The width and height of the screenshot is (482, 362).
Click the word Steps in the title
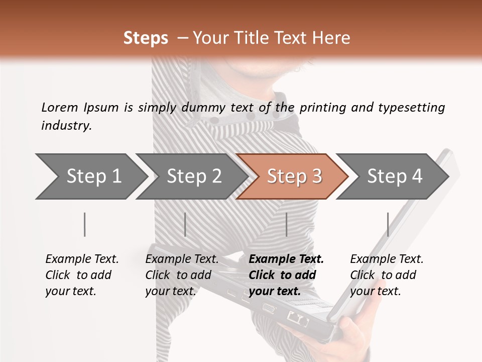pyautogui.click(x=146, y=38)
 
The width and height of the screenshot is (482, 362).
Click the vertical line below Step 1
pyautogui.click(x=85, y=224)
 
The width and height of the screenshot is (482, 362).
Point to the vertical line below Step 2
pyautogui.click(x=185, y=224)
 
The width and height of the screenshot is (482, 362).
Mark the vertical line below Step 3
pyautogui.click(x=286, y=224)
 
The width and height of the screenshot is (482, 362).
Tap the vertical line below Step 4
pyautogui.click(x=388, y=224)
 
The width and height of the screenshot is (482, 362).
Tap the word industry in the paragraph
pyautogui.click(x=66, y=125)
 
